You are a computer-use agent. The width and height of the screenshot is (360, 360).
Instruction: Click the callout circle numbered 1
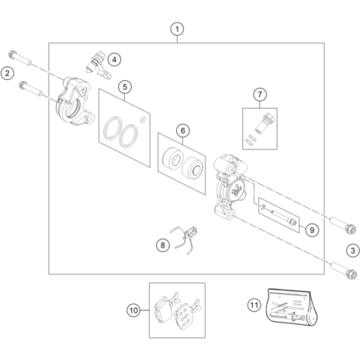[177, 29]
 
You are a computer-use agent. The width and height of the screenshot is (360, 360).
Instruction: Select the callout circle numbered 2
[7, 73]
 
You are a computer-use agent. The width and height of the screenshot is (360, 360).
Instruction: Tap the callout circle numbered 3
[353, 250]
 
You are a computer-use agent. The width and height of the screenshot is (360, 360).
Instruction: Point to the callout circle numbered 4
[114, 60]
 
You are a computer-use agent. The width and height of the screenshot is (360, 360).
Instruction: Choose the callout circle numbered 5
[125, 87]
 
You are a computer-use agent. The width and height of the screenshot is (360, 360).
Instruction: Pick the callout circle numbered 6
[183, 130]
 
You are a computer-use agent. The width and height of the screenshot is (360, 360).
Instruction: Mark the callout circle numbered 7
[260, 94]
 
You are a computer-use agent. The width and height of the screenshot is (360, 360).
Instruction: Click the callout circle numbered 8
[162, 246]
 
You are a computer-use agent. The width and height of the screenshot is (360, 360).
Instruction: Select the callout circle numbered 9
[312, 230]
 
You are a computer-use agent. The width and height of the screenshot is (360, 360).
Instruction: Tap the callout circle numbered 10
[134, 310]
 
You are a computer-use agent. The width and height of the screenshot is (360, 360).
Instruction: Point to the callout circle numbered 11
[254, 305]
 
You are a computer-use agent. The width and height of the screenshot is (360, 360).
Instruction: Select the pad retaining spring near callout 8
[185, 240]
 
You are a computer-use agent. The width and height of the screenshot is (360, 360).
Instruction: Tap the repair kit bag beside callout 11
[292, 306]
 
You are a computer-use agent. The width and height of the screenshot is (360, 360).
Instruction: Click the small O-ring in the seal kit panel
[142, 120]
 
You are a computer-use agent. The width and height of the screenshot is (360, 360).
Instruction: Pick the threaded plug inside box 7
[264, 123]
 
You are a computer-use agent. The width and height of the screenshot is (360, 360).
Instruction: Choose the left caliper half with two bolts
[74, 102]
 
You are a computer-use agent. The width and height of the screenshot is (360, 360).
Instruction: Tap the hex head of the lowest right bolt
[352, 274]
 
